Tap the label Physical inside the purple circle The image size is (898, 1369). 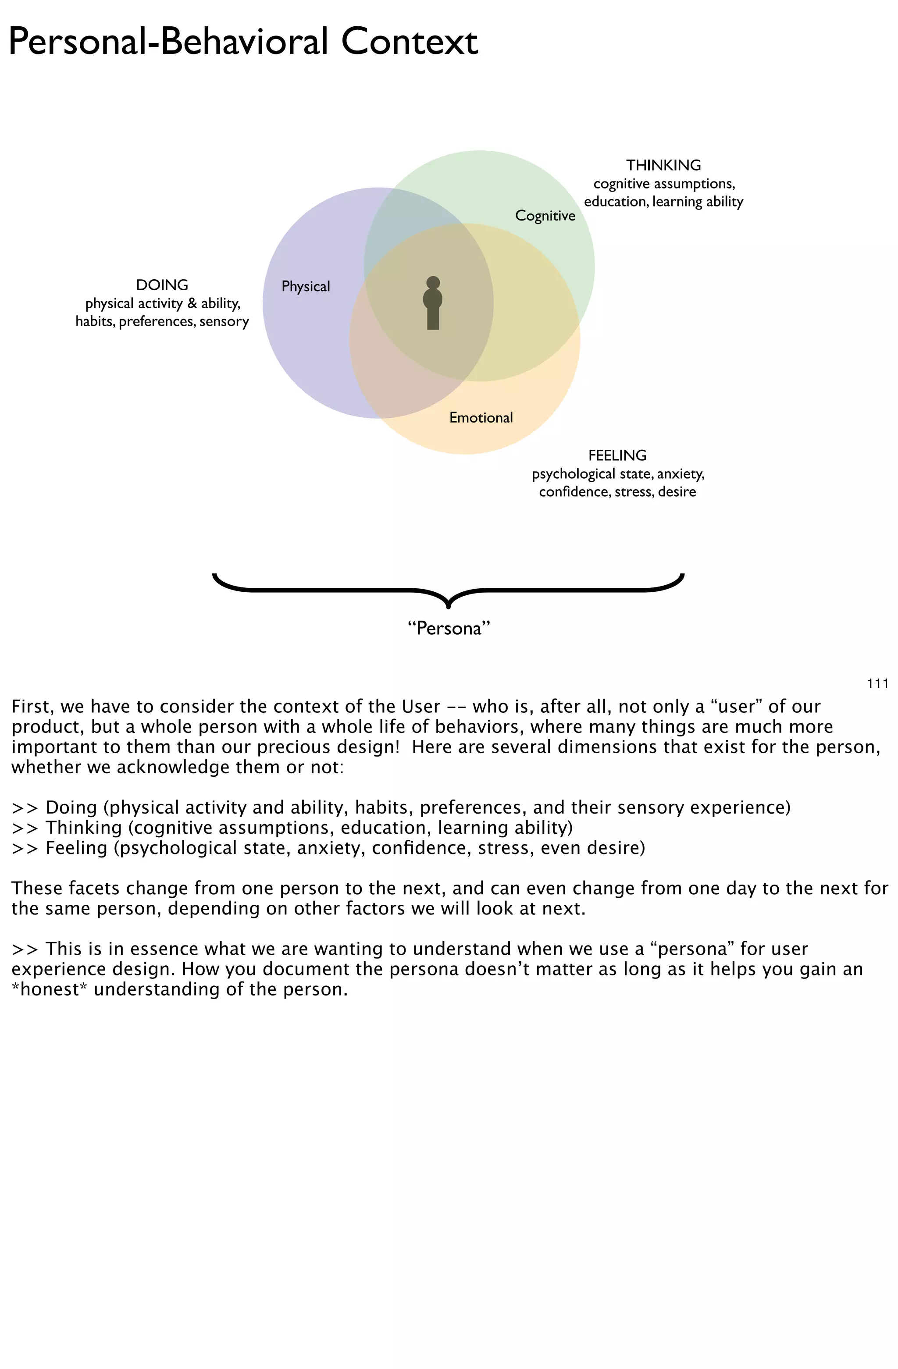point(306,286)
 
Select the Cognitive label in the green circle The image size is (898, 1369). point(545,216)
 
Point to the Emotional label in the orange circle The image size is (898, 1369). point(481,418)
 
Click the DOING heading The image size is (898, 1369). point(162,285)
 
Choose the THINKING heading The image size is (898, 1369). point(663,165)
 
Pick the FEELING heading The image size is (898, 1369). point(617,455)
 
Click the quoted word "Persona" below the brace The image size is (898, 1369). point(449,628)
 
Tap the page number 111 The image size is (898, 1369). point(877,683)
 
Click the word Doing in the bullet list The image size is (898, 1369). point(71,807)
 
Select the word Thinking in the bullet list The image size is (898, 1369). point(83,828)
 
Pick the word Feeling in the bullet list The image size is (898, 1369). point(76,848)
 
